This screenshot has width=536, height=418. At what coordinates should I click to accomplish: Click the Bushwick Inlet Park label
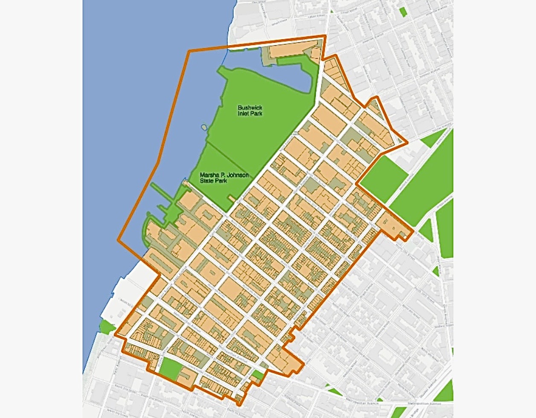(250, 111)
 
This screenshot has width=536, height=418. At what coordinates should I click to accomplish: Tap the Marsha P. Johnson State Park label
(224, 178)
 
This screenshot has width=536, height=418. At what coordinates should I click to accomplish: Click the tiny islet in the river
(204, 127)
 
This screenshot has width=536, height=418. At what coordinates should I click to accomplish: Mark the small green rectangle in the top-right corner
(402, 12)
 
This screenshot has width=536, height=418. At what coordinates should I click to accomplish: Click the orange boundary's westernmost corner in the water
(118, 241)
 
